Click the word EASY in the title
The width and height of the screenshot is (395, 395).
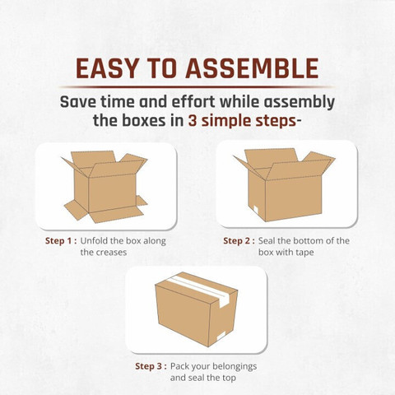tap(107, 68)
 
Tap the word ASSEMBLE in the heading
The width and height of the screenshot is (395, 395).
tap(252, 68)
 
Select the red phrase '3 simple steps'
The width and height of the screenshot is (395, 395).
tap(242, 121)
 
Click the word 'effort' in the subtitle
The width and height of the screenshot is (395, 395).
tap(193, 102)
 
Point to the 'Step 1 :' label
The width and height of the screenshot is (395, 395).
tap(61, 241)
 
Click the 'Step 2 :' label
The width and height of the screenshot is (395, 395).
tap(239, 241)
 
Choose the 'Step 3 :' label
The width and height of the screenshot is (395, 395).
tap(151, 366)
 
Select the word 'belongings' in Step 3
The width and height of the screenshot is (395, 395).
tap(235, 367)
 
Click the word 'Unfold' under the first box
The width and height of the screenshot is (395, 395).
tap(94, 241)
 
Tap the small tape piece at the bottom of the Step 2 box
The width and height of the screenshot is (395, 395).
tap(256, 210)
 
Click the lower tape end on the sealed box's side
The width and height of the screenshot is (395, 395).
tap(221, 336)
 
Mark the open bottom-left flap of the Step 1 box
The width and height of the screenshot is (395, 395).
tap(77, 210)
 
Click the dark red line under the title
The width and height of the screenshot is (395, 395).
tap(197, 87)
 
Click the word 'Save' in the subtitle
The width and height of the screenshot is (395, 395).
tap(78, 102)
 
